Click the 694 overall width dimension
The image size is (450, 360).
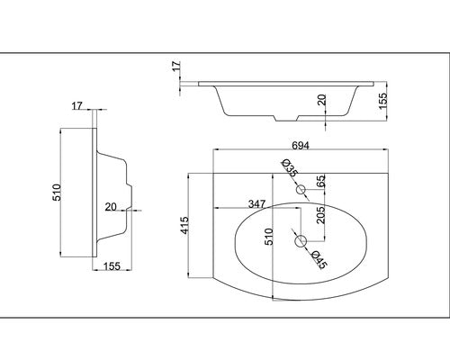tap(301, 146)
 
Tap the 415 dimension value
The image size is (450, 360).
tap(184, 225)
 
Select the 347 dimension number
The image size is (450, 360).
tap(257, 204)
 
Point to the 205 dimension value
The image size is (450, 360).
tap(320, 215)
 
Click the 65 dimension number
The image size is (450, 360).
tap(320, 181)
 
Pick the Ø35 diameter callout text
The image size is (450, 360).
tap(290, 168)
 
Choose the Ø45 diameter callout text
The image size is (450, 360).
tap(319, 260)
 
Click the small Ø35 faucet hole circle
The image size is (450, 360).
tap(301, 189)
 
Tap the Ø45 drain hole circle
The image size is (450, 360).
tap(301, 241)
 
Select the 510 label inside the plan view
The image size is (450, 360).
tap(269, 237)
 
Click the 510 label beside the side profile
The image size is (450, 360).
tap(57, 193)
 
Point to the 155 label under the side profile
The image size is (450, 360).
tap(112, 266)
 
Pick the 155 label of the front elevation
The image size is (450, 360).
tap(382, 101)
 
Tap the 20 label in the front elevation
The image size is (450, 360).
tap(322, 100)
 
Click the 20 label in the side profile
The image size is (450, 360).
tap(111, 207)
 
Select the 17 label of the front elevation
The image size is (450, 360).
tap(176, 66)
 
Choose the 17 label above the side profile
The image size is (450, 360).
tap(76, 106)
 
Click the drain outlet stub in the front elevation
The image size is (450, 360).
tap(286, 118)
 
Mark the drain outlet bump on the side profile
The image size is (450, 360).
tap(129, 197)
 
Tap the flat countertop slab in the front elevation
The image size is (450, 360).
tap(286, 84)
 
